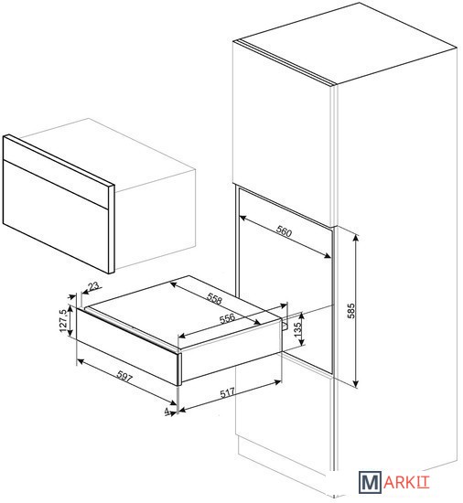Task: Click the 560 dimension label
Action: point(284,231)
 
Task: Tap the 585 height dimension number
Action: point(351,310)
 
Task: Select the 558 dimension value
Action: point(214,299)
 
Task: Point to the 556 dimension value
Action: point(227,318)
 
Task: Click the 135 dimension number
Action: point(297,330)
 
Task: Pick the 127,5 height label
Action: point(63,321)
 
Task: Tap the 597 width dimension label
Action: point(124,376)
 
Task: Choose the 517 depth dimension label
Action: point(227,393)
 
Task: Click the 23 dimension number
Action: point(93,285)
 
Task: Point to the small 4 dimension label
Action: point(167,411)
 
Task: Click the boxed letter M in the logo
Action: point(370,482)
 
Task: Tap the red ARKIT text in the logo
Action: point(406,483)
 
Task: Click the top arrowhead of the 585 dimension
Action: point(355,238)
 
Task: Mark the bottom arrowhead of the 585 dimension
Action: point(355,384)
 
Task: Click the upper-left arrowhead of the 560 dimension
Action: point(242,219)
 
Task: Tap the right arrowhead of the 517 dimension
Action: point(277,381)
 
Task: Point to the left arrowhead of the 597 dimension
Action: point(81,361)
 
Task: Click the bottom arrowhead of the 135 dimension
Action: point(301,343)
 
